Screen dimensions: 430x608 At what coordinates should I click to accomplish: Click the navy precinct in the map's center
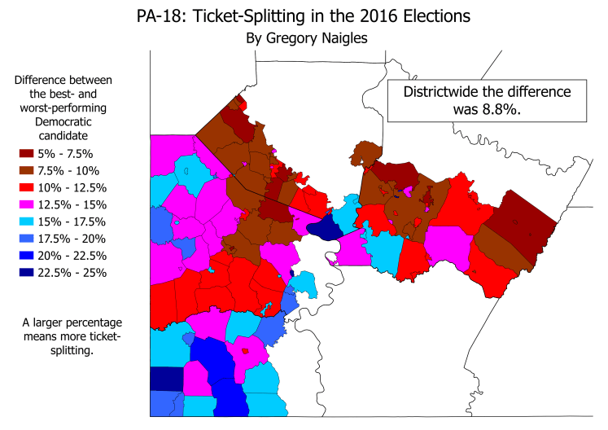[325, 227]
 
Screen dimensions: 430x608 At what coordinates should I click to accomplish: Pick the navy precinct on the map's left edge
[164, 379]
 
